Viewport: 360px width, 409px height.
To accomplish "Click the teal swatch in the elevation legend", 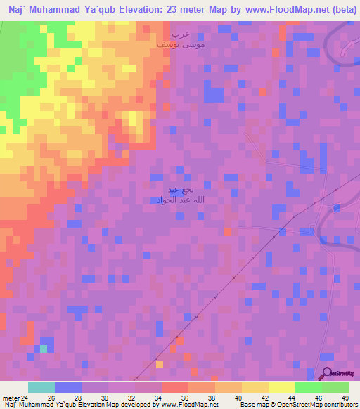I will pos(41,387).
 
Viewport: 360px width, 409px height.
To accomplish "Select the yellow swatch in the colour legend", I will pos(282,387).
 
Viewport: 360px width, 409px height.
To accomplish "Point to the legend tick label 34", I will pos(161,397).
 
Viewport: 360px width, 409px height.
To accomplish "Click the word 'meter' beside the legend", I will pos(10,397).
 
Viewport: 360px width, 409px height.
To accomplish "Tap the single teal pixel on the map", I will pos(44,348).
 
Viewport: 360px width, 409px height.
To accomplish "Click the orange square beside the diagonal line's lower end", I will pos(160,364).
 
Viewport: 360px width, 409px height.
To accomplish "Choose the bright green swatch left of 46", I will pos(309,387).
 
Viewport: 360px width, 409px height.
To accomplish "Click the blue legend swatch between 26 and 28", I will pos(68,387).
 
